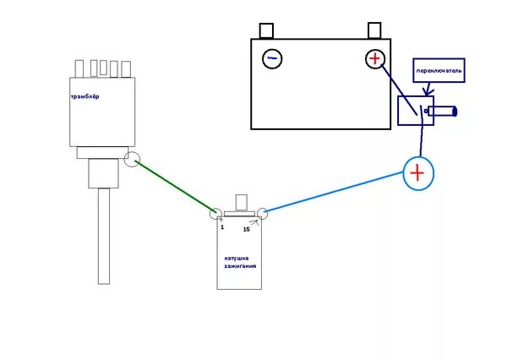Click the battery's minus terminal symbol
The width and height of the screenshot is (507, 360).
click(x=271, y=58)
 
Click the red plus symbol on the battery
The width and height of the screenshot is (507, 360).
click(x=374, y=58)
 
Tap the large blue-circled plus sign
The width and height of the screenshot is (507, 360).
click(x=417, y=173)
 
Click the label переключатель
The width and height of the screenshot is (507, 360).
click(x=439, y=72)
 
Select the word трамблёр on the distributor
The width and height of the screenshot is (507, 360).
click(x=85, y=96)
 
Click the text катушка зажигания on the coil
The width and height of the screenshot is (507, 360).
click(x=240, y=261)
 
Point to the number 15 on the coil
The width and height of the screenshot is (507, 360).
click(x=246, y=229)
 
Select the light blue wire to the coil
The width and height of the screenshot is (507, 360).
click(x=338, y=194)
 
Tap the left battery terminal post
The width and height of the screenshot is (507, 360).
click(x=267, y=31)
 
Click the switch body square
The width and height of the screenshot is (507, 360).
click(x=414, y=111)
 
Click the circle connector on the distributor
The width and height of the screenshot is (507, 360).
click(x=132, y=159)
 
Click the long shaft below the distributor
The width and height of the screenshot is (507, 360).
click(x=104, y=237)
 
